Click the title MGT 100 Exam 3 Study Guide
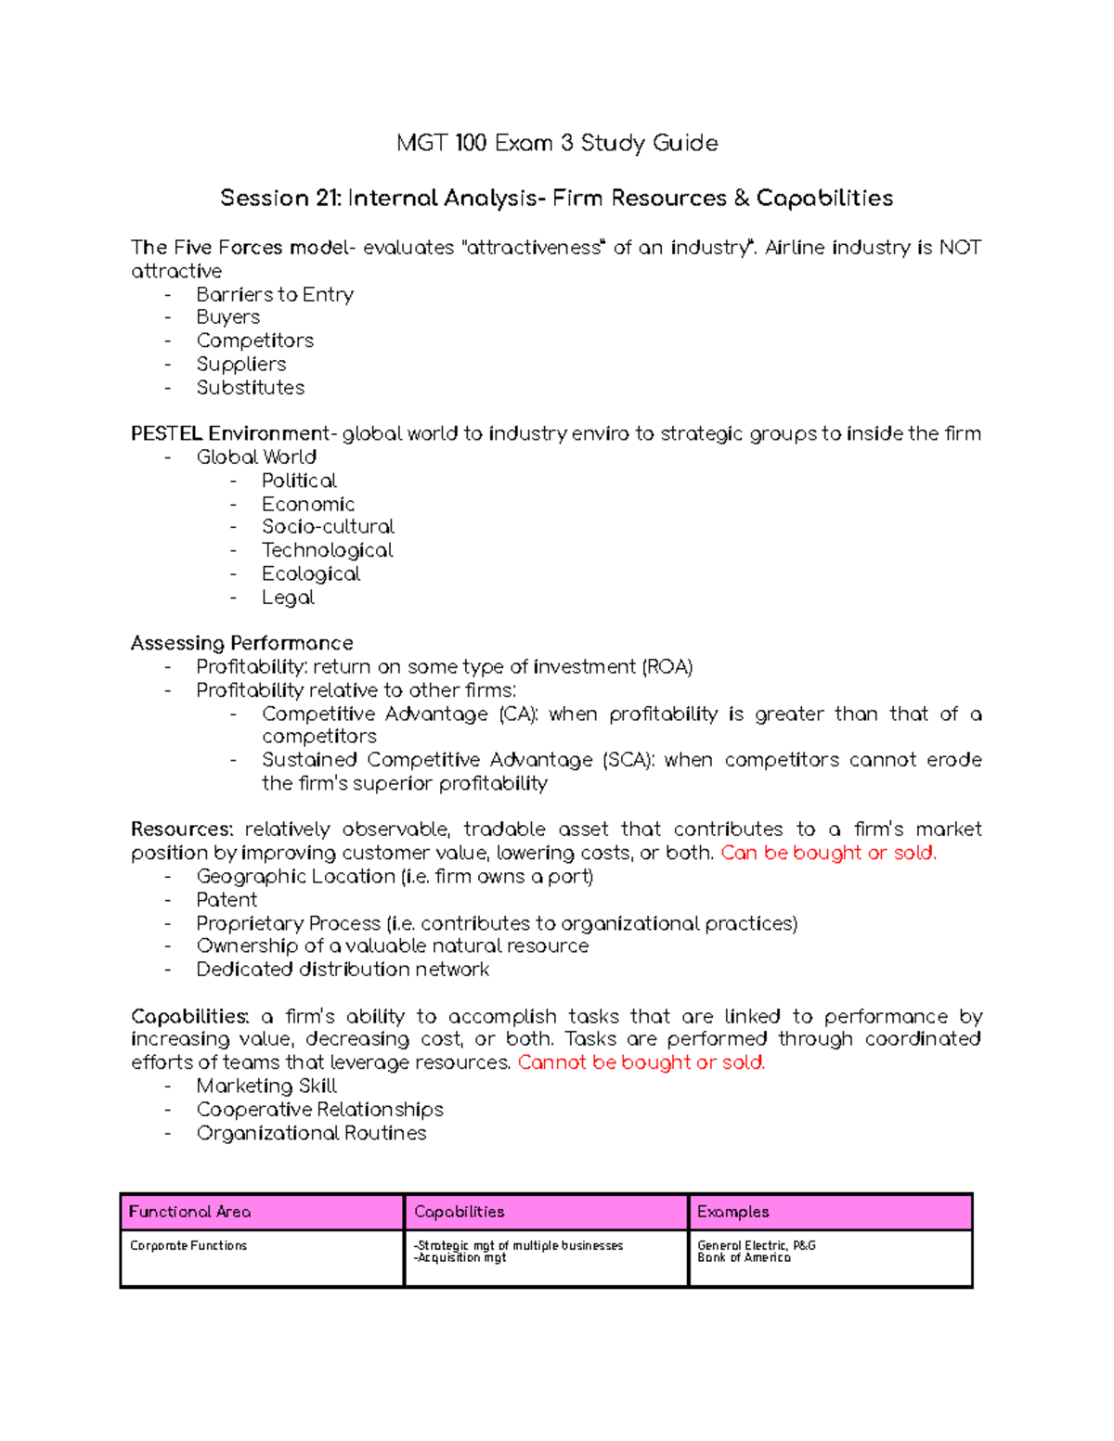pos(557,143)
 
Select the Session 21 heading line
pos(556,198)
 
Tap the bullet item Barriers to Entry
pos(275,294)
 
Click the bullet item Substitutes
pos(250,388)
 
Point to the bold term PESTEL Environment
pos(230,433)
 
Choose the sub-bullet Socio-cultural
pos(328,526)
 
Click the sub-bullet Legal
pos(288,598)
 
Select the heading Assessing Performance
pos(241,643)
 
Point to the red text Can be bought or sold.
pos(828,853)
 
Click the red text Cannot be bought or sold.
pos(641,1062)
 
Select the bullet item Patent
pos(227,900)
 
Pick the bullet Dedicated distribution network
pos(343,970)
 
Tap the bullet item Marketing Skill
pos(266,1086)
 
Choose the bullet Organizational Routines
pos(311,1133)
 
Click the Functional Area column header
pos(189,1212)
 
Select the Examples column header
pos(733,1212)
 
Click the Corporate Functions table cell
pos(188,1245)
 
